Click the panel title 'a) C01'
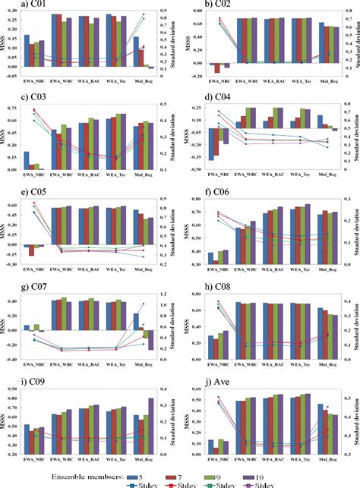pyautogui.click(x=16, y=5)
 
